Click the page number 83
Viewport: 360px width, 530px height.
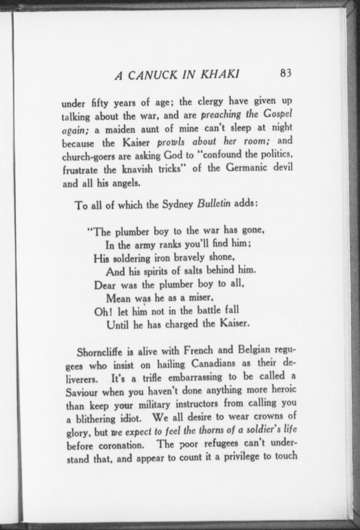pos(286,73)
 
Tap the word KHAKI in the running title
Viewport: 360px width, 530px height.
pos(219,74)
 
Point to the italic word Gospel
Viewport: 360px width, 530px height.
pos(278,114)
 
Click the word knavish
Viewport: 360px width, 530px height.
pos(138,170)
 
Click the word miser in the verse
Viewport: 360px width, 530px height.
pos(200,297)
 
